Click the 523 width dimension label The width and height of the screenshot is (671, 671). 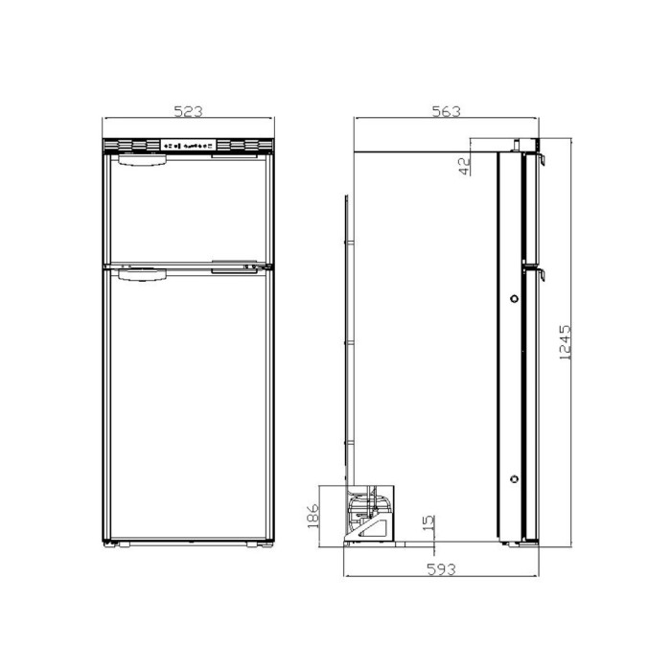[x=188, y=111]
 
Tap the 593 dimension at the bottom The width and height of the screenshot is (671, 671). [x=440, y=568]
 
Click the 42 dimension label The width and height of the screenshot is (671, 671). [x=465, y=166]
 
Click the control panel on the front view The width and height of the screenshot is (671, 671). [x=188, y=147]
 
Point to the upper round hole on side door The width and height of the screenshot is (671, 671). [x=516, y=300]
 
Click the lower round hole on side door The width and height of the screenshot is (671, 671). [x=516, y=478]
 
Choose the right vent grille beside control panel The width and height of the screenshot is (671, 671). [x=243, y=147]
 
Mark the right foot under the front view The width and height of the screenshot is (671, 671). [x=254, y=545]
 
